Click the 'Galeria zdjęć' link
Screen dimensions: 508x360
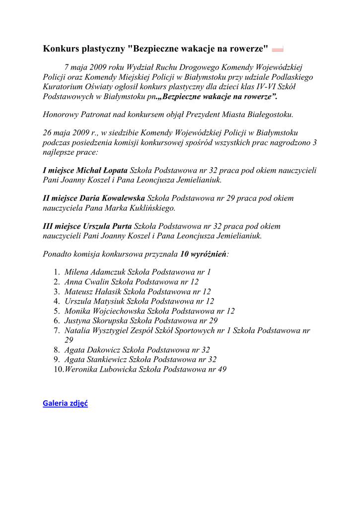coord(65,403)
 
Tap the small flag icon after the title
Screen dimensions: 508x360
coord(278,49)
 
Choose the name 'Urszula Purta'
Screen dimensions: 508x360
coord(108,227)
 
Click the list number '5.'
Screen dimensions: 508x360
coord(57,311)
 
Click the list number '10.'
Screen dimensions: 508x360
coord(58,370)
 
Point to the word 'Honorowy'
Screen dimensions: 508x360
coord(61,115)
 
